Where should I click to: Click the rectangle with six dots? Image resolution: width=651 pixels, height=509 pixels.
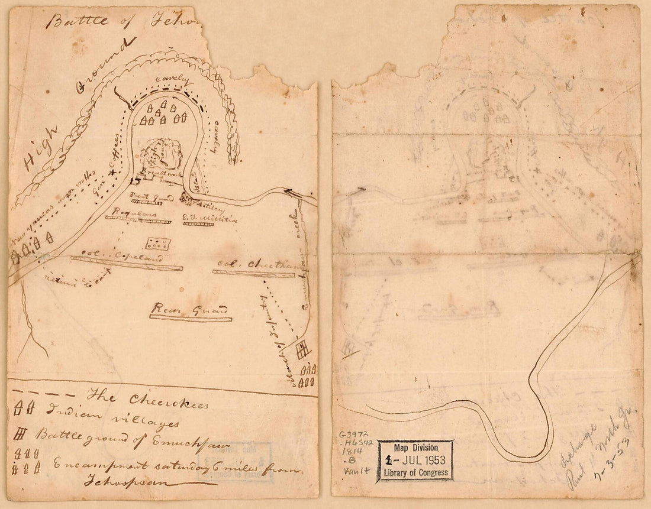pyautogui.click(x=158, y=243)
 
